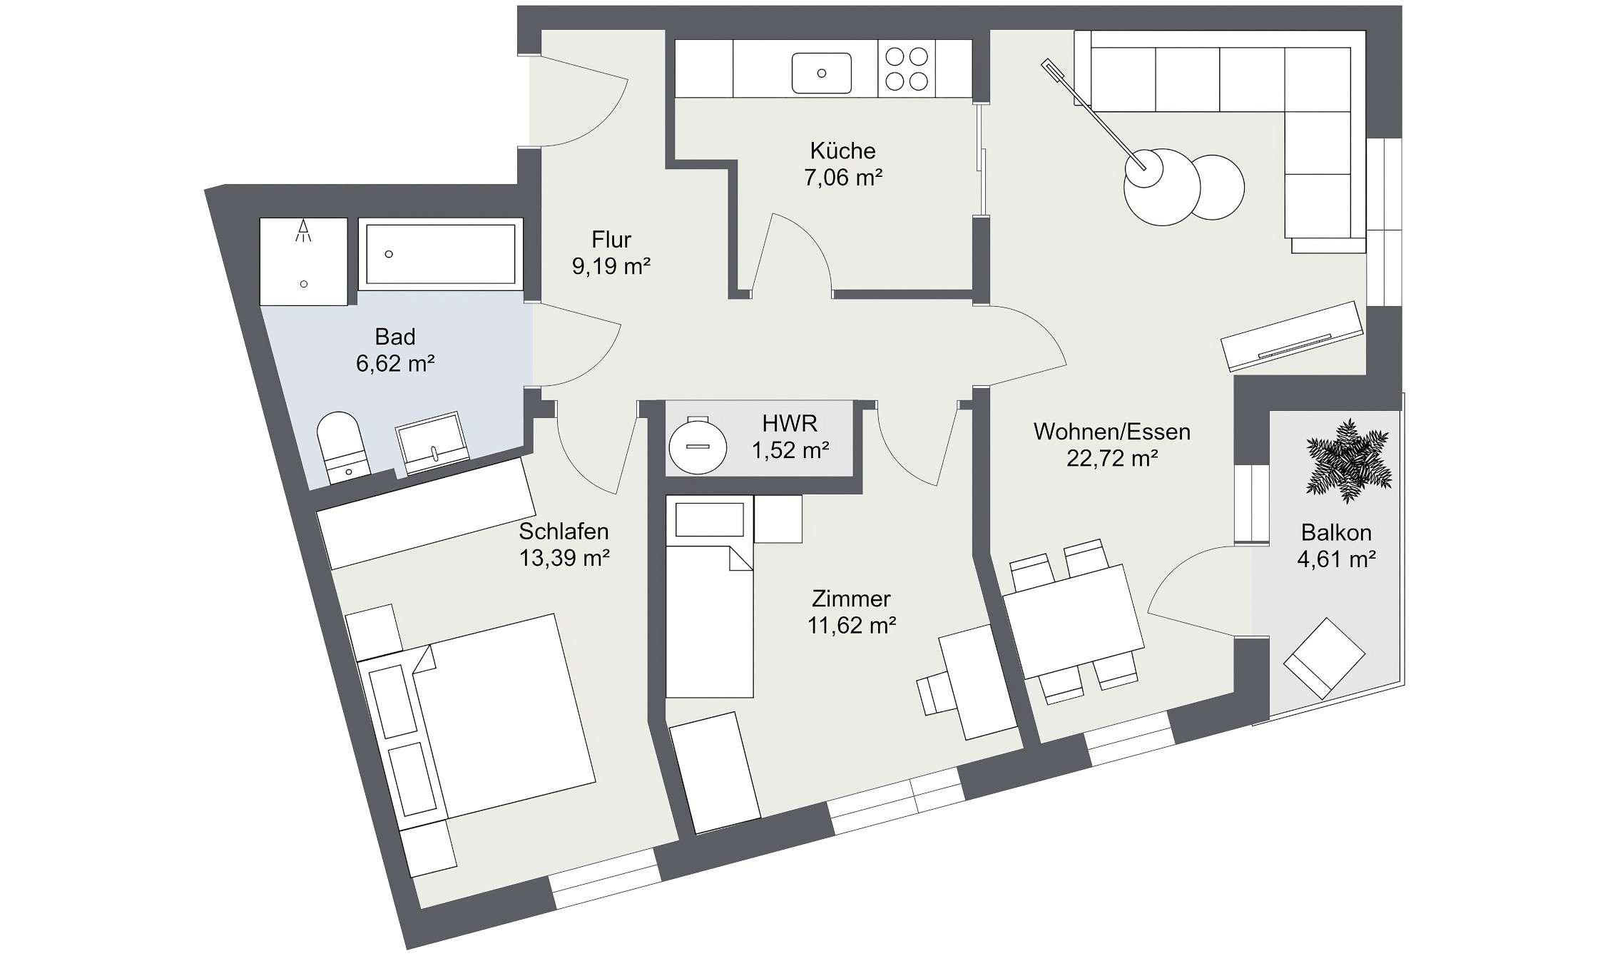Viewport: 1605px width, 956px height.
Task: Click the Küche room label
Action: click(x=842, y=151)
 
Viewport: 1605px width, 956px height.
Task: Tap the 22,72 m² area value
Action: click(x=1111, y=458)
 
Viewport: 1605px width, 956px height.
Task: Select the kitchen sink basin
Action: click(x=822, y=73)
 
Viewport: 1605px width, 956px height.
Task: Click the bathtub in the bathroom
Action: click(x=440, y=254)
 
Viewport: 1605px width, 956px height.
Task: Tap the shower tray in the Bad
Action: click(x=303, y=261)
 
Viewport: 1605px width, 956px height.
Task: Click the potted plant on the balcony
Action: click(x=1348, y=459)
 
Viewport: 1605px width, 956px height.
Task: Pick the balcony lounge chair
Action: click(x=1323, y=657)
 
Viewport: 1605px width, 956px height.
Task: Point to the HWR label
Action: click(x=789, y=423)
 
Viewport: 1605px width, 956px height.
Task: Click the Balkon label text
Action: click(x=1335, y=532)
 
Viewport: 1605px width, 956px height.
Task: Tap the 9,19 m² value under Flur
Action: click(x=611, y=266)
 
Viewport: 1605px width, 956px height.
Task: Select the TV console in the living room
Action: click(x=1291, y=336)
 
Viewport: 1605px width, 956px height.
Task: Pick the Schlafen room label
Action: click(x=564, y=531)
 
